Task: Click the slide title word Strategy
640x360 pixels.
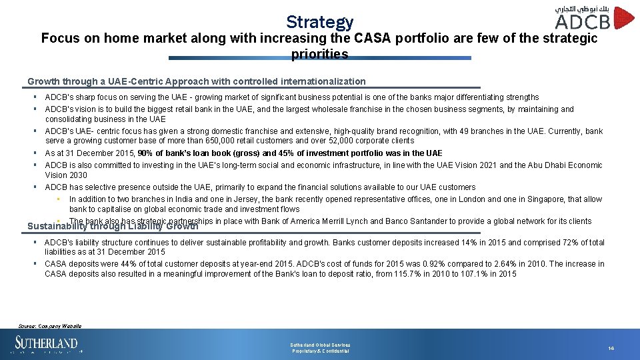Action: (x=319, y=22)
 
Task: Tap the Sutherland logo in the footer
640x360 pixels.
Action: (x=47, y=345)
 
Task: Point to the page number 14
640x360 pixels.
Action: (x=611, y=348)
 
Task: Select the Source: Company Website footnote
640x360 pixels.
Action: (x=50, y=326)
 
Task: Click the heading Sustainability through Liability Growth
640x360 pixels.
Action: (x=113, y=227)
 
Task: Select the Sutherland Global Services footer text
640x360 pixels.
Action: (x=320, y=345)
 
